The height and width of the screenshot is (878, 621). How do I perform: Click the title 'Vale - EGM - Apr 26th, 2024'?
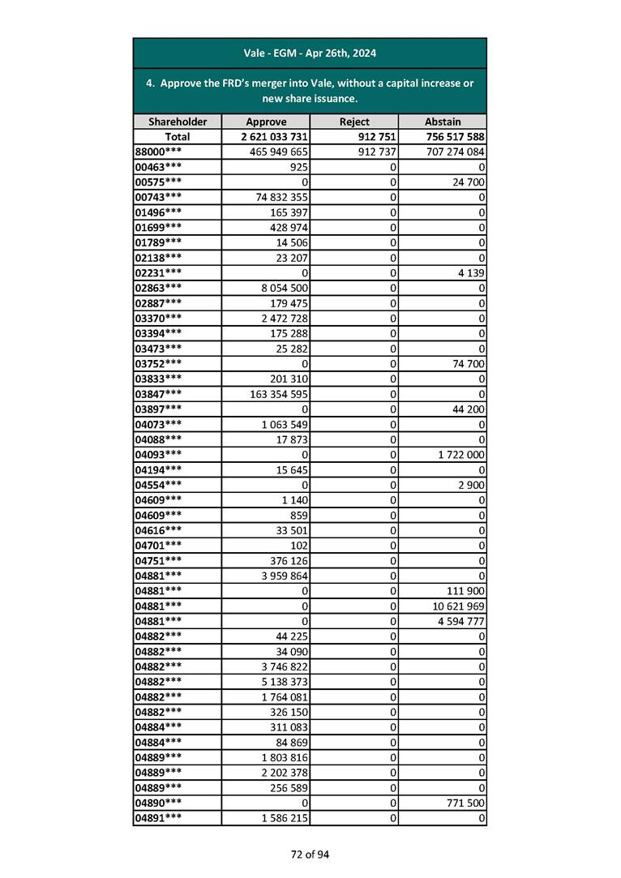click(x=310, y=54)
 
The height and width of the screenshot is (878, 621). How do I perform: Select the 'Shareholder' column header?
click(x=178, y=122)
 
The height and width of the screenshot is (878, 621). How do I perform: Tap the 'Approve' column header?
click(x=266, y=122)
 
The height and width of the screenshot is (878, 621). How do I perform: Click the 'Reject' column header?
click(x=354, y=122)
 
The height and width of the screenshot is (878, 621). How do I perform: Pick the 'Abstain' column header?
click(x=443, y=122)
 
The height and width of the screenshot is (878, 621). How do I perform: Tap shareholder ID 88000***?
click(x=158, y=152)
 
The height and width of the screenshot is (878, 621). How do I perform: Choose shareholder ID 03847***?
click(x=158, y=394)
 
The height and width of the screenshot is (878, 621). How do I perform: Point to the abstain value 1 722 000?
click(x=458, y=455)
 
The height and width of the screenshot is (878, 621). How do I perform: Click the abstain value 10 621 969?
click(x=455, y=606)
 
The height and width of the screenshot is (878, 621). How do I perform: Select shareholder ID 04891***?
click(x=158, y=818)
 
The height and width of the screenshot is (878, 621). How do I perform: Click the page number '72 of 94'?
click(x=310, y=854)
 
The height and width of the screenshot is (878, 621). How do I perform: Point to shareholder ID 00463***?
click(x=158, y=167)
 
